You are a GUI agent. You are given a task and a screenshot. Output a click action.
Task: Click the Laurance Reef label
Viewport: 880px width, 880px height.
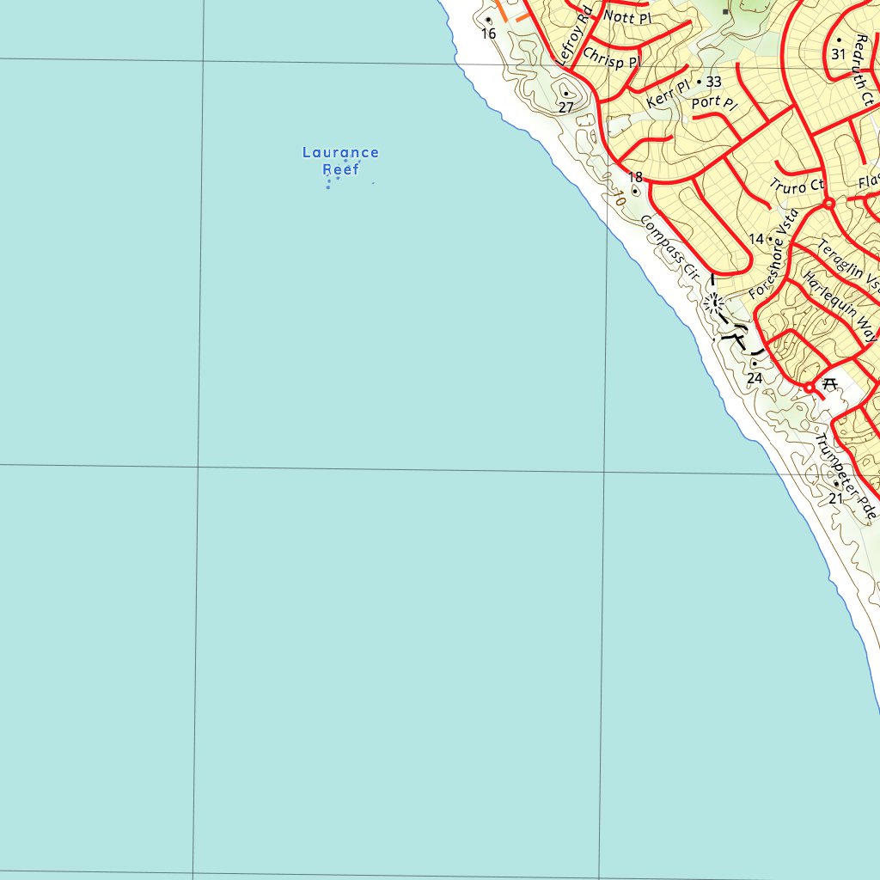(340, 161)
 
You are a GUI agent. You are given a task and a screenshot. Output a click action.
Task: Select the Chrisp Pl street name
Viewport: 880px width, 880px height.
(611, 58)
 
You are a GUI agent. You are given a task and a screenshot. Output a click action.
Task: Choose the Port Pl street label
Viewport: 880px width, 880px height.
(714, 103)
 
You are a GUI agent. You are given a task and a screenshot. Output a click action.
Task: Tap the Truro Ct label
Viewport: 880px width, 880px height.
(797, 186)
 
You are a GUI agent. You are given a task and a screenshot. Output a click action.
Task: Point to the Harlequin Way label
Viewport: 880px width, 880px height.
(839, 308)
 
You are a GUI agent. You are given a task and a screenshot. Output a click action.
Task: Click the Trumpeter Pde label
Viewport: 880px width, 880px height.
(847, 476)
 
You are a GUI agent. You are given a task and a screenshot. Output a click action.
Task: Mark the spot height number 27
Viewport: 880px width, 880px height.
(565, 107)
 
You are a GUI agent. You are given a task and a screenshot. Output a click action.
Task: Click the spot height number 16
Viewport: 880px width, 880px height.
(489, 34)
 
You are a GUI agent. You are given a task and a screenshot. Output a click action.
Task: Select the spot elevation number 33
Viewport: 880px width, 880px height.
(714, 82)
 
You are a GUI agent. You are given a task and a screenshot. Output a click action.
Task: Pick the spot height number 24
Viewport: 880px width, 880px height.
(755, 378)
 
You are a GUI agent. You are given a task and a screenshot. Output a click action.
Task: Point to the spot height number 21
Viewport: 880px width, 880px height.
(836, 498)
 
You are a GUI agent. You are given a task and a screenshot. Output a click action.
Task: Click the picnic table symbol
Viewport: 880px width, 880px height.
(829, 384)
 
